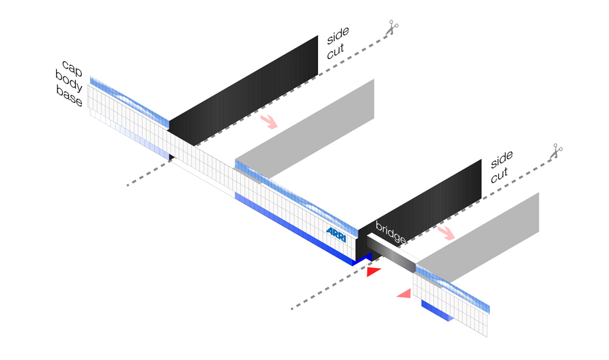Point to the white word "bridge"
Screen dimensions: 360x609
[x=391, y=233]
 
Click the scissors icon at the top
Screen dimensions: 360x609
[x=392, y=28]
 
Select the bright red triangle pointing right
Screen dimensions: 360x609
[x=374, y=272]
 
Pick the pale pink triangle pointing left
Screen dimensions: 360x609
[x=404, y=293]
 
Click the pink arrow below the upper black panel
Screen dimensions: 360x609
[x=269, y=122]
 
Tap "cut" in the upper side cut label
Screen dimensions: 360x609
[x=336, y=53]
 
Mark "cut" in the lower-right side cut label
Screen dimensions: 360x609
[x=499, y=176]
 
